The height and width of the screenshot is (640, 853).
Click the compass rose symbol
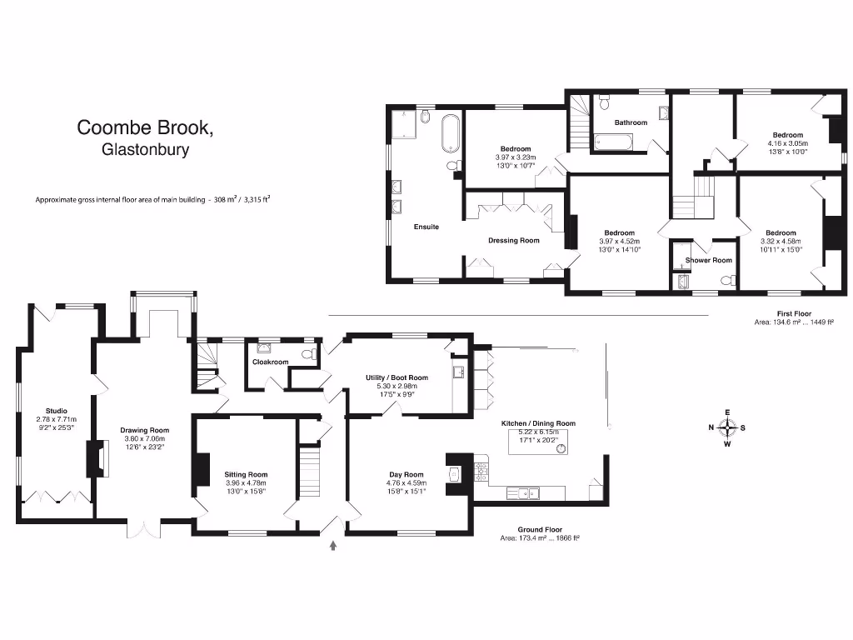point(727,428)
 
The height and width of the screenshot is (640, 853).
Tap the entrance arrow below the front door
point(335,546)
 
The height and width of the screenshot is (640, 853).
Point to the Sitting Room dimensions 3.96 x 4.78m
point(246,482)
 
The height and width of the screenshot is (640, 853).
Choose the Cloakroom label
point(270,362)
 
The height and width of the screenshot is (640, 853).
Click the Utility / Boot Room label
point(397,377)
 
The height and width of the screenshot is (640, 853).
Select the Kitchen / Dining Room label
point(537,423)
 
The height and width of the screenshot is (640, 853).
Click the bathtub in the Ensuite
point(450,133)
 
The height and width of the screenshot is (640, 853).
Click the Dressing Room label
point(513,241)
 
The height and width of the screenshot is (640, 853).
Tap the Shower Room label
point(708,260)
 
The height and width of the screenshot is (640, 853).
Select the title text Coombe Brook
point(146,127)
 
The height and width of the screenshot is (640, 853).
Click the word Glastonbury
point(146,151)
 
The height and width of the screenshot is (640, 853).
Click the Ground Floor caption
point(541,530)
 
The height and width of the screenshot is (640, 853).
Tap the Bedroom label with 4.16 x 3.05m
point(787,135)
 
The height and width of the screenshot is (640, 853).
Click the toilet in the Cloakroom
point(308,356)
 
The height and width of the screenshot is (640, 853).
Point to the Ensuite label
point(426,227)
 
